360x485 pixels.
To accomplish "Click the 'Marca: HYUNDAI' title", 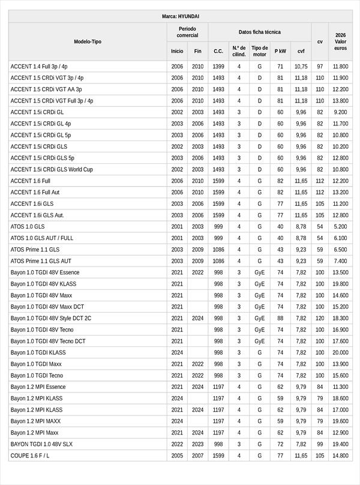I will (x=180, y=16).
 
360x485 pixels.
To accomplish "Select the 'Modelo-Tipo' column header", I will (x=88, y=41).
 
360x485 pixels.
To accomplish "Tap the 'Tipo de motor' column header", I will (x=260, y=51).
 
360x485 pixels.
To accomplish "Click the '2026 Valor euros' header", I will (x=340, y=41).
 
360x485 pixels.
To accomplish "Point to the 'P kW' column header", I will (x=280, y=51).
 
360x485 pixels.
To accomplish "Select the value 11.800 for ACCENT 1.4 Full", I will (x=340, y=67).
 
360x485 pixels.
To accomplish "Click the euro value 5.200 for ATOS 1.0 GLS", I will (x=340, y=227).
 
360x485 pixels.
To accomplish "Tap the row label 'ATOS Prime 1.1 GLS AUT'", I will (x=41, y=261).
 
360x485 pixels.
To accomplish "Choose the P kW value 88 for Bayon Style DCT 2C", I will (x=280, y=318).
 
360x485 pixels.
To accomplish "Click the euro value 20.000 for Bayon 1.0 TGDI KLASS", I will (x=340, y=352).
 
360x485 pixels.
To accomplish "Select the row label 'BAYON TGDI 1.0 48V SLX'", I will (x=41, y=444).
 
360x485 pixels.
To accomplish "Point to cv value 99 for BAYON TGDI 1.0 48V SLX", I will (x=320, y=444).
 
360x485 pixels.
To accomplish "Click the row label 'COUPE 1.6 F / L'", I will (x=30, y=456).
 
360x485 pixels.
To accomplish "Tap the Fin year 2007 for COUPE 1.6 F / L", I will (x=197, y=456).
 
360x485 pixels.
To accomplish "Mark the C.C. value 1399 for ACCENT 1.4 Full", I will (x=218, y=67).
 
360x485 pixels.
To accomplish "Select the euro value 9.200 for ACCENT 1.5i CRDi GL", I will (x=340, y=112).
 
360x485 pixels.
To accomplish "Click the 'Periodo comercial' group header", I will (x=187, y=32).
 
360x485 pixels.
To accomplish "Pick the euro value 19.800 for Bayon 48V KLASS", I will (x=340, y=284).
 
